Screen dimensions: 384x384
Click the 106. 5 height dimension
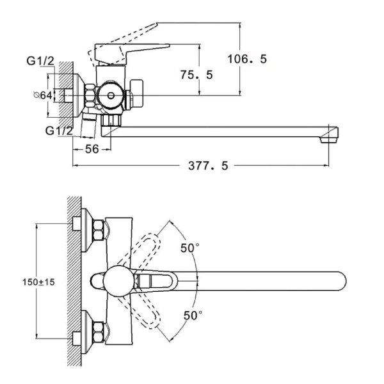tap(247, 59)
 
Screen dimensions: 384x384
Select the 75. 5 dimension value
tap(196, 75)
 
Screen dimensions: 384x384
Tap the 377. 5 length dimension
tap(208, 166)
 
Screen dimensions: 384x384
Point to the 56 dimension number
tap(92, 149)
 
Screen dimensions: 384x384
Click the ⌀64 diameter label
tap(43, 95)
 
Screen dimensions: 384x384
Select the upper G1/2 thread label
tap(40, 61)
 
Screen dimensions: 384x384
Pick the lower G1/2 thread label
tap(59, 131)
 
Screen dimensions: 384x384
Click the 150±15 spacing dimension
tap(38, 282)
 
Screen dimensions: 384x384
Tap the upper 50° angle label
tap(190, 248)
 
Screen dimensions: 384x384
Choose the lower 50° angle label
tap(193, 316)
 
